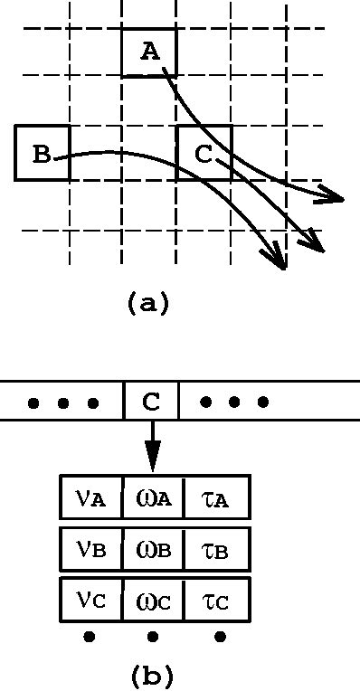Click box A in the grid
[x=149, y=52]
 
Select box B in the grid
[x=42, y=153]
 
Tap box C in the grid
[x=204, y=153]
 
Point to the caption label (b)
[x=151, y=674]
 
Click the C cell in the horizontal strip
[x=151, y=401]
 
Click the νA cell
[x=90, y=497]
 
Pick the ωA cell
[x=152, y=497]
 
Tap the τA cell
[x=215, y=497]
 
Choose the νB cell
[x=90, y=548]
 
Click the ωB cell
[x=152, y=548]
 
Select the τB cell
[x=215, y=548]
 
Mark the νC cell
[x=90, y=599]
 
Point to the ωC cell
[x=152, y=599]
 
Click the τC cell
[x=215, y=599]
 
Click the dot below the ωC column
[x=152, y=638]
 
